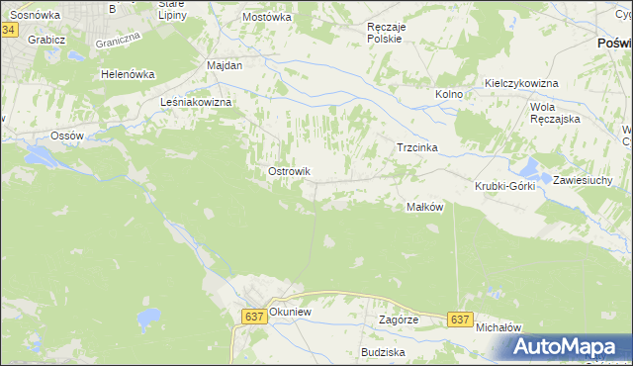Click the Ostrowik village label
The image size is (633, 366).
(289, 171)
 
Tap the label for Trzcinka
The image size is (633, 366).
(416, 147)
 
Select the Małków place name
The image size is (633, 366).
(423, 207)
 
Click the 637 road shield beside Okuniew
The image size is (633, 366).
(253, 317)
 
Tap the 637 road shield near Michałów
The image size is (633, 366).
(459, 320)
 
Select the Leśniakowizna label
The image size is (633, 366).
(196, 102)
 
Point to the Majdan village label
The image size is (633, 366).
(224, 64)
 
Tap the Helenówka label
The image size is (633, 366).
(129, 74)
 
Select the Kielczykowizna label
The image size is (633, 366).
(522, 84)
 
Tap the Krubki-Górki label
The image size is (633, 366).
(504, 186)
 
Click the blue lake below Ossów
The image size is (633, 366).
(43, 155)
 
